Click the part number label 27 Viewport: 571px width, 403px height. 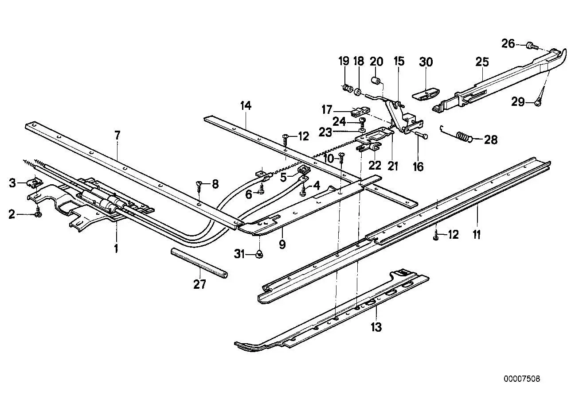199,284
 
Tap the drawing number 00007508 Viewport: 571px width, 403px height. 521,379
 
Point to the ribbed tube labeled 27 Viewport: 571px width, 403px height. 199,263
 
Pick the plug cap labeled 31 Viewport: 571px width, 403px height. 259,253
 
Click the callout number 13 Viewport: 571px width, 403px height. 376,327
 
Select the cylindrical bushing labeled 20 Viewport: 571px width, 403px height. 376,81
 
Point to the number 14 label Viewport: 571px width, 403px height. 246,106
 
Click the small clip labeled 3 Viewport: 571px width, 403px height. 35,182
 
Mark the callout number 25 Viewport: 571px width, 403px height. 482,62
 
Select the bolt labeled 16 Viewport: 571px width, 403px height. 421,135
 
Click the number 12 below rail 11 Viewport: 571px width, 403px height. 453,234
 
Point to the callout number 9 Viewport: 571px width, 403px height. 282,244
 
